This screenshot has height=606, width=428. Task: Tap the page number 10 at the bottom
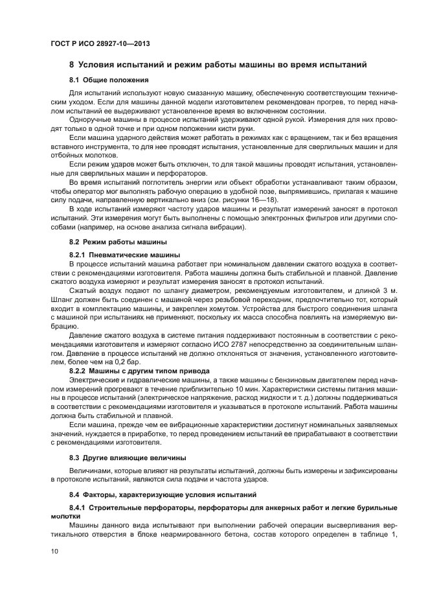point(54,551)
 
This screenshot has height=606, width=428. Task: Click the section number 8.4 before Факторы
point(76,495)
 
